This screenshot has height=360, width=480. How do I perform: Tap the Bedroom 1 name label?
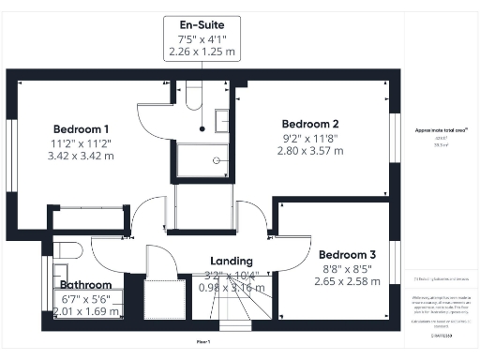coord(81,128)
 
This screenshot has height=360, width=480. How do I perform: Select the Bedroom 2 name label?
coord(310,124)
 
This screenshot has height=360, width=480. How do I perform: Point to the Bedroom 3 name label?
coord(347,254)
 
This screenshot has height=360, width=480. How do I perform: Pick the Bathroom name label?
coord(86,285)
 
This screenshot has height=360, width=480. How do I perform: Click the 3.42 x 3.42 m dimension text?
coord(81,156)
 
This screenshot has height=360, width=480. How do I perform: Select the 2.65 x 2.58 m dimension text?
coord(347,280)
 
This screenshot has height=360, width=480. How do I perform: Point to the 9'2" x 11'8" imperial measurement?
coord(310,137)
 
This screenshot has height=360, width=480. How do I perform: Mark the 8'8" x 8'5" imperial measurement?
coord(347,267)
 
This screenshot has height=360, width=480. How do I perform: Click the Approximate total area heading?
coord(441,129)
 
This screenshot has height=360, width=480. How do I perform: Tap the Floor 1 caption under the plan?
coord(202,344)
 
